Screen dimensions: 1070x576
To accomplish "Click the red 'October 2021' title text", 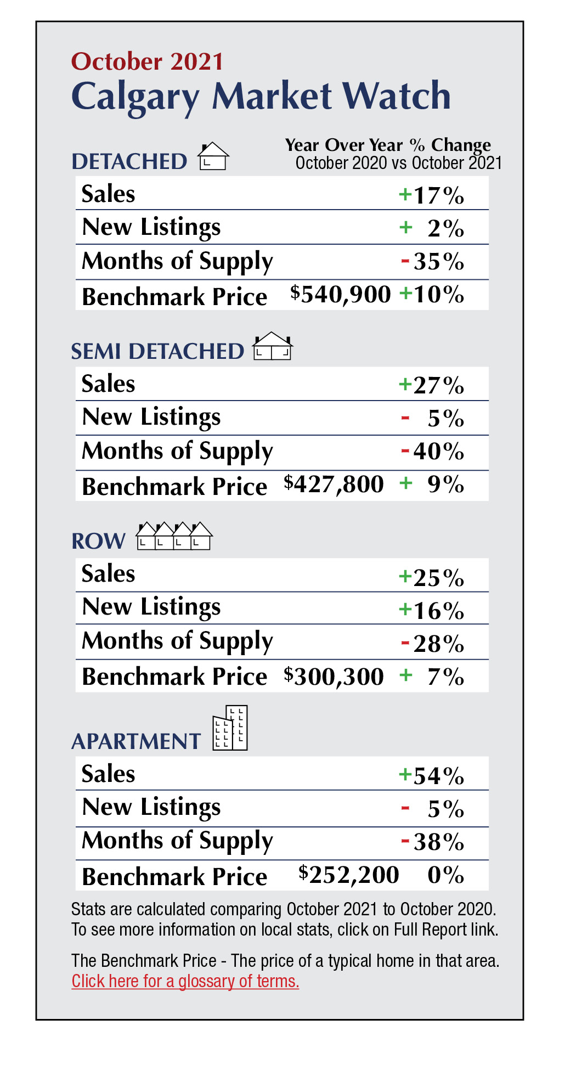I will click(147, 61).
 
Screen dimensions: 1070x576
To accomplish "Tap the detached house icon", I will click(213, 156).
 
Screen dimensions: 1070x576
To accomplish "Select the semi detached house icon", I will click(272, 347).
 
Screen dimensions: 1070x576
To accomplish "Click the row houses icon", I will click(174, 536).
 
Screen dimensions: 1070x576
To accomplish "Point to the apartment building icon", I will click(230, 728).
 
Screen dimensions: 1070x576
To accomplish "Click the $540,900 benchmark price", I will click(340, 295).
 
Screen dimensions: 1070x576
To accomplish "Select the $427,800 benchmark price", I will click(334, 485).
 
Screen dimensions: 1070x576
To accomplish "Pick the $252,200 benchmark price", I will click(349, 875).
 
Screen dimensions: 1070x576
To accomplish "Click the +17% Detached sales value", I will click(432, 195).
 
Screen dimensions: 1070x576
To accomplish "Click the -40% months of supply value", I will click(433, 452).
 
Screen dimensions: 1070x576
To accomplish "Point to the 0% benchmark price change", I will click(445, 875).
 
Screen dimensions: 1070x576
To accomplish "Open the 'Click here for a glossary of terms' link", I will click(185, 981).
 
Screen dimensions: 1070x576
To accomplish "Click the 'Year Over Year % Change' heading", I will click(388, 145).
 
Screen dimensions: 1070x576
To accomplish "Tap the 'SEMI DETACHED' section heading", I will click(157, 352).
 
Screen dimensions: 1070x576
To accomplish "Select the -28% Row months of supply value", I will click(433, 644).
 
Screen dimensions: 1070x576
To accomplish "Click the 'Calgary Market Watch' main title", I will click(261, 97).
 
